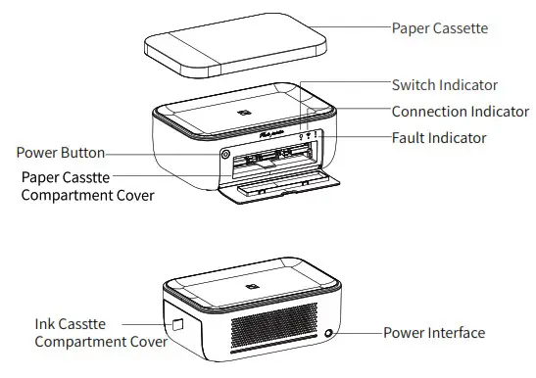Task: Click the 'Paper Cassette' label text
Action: tap(439, 28)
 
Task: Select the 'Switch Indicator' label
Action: tap(444, 86)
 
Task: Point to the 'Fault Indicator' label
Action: tap(438, 138)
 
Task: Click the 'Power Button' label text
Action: tap(61, 154)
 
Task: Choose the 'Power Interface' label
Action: tap(433, 333)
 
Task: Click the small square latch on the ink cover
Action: tap(178, 325)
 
